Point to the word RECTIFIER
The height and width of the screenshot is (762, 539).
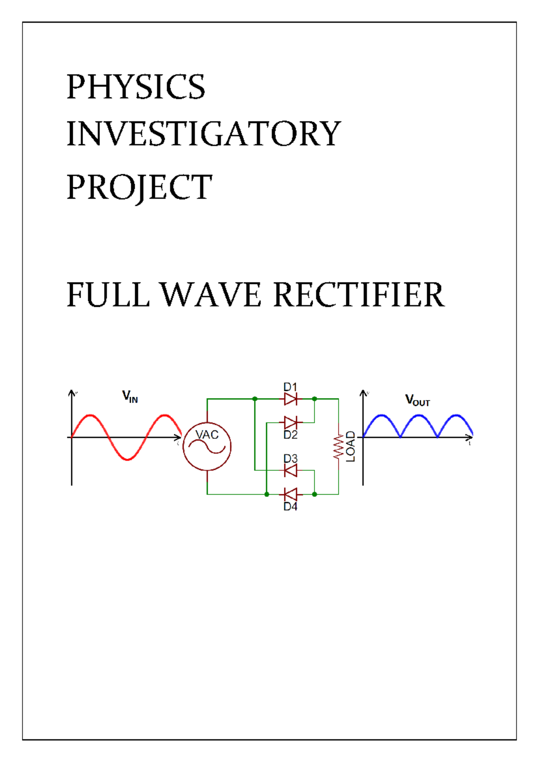(x=359, y=295)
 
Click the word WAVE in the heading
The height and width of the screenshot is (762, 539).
(x=211, y=295)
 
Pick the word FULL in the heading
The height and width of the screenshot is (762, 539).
(x=108, y=295)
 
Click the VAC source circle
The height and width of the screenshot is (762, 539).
(x=207, y=447)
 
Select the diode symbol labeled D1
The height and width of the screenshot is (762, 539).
(x=291, y=399)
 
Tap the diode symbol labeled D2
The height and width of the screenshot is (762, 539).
(x=291, y=422)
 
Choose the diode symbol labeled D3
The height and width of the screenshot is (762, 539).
(x=291, y=470)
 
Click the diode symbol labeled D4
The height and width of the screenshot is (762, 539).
(x=291, y=494)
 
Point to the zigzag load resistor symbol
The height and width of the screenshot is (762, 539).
(x=338, y=446)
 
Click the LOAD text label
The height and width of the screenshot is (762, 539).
(x=351, y=447)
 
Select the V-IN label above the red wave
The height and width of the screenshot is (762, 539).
(x=130, y=397)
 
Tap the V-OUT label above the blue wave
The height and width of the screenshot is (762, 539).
(x=417, y=400)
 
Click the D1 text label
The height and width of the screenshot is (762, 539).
(x=290, y=387)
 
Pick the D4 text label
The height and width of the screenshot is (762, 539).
(x=290, y=506)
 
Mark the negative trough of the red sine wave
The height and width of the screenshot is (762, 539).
(x=128, y=459)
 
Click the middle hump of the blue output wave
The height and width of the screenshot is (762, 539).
(x=419, y=416)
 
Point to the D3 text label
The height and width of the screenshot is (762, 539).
(x=290, y=459)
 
